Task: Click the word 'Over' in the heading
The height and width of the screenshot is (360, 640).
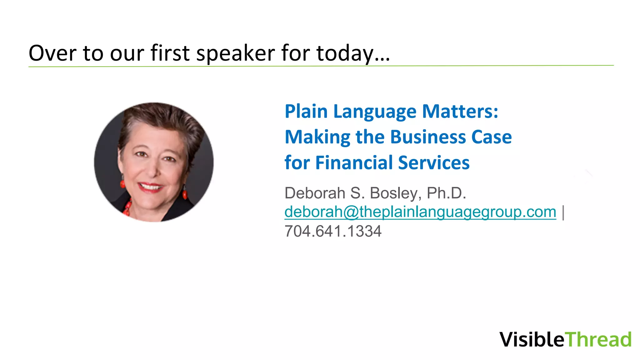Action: [52, 53]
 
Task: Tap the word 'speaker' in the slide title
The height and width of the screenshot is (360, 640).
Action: [236, 53]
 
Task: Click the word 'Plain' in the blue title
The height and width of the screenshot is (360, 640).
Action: [306, 112]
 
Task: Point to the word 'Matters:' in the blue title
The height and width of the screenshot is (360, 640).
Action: [460, 112]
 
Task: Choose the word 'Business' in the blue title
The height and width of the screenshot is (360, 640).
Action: [428, 137]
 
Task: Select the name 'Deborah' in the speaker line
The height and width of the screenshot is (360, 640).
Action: [315, 193]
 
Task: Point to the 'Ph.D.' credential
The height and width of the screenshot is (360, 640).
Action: [446, 193]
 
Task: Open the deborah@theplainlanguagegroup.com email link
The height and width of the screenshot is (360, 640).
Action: [420, 212]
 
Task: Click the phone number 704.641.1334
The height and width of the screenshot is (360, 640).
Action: [333, 232]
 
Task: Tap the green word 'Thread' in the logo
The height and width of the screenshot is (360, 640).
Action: [598, 339]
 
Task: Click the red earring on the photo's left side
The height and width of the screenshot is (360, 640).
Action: [122, 184]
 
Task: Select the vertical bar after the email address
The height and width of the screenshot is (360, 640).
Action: [563, 212]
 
